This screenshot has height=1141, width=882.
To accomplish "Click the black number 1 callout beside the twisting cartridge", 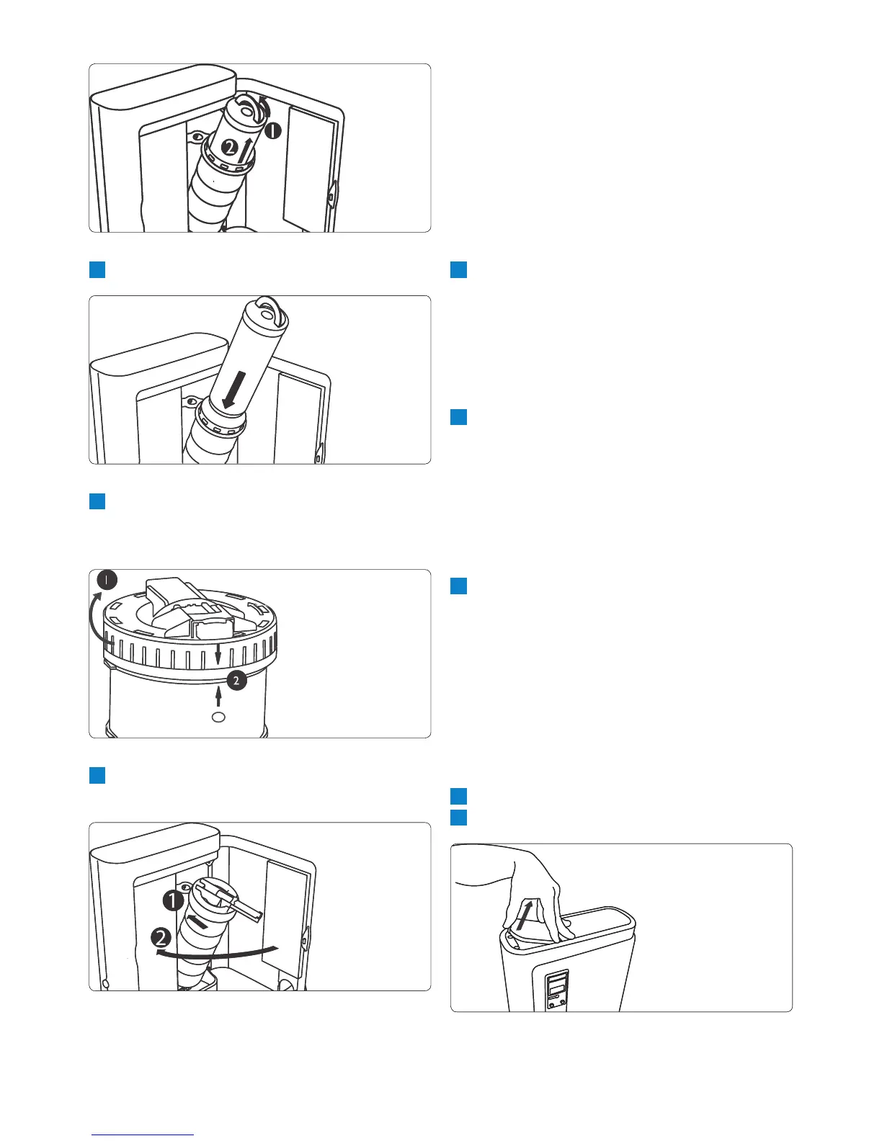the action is [x=272, y=131].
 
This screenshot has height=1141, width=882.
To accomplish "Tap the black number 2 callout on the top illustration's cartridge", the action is [x=228, y=148].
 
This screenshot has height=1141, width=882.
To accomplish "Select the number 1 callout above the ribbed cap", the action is [x=106, y=581].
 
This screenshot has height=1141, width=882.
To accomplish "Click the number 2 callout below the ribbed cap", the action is [x=236, y=679].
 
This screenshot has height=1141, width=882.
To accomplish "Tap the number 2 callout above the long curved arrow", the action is [x=162, y=938].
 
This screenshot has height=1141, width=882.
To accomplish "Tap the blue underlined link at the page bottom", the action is [x=143, y=1135].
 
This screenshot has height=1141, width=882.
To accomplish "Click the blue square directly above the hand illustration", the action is [x=459, y=818].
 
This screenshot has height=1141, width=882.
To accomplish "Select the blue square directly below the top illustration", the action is [x=97, y=270].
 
